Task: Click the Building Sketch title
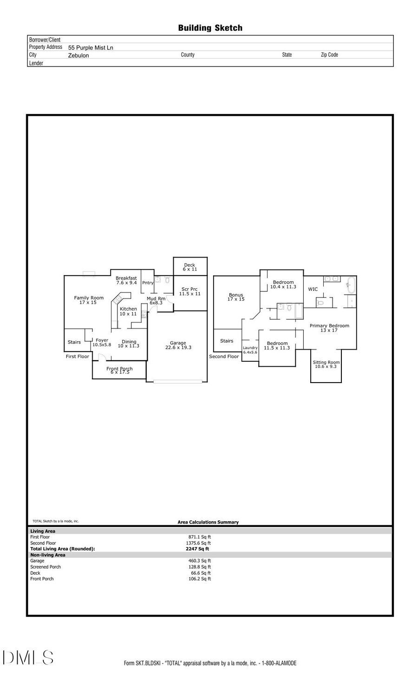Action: pyautogui.click(x=210, y=28)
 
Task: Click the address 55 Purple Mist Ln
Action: pyautogui.click(x=91, y=47)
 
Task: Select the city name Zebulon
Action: pyautogui.click(x=78, y=55)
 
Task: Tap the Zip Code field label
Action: pyautogui.click(x=329, y=55)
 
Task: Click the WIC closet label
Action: pyautogui.click(x=313, y=289)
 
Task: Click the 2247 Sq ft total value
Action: pyautogui.click(x=197, y=549)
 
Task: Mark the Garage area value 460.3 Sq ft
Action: pyautogui.click(x=199, y=561)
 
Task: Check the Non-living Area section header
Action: pyautogui.click(x=48, y=555)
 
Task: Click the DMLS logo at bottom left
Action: pyautogui.click(x=28, y=658)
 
